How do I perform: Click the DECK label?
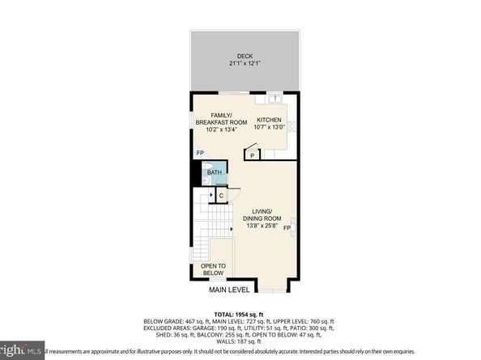[234, 56]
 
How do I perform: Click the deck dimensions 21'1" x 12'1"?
[234, 64]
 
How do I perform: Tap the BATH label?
[214, 172]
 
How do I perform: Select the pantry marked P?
[253, 154]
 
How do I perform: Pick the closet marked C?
[220, 194]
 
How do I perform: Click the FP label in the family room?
[200, 154]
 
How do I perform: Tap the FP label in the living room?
[286, 227]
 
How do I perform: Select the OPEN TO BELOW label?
[213, 269]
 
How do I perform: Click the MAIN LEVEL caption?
[228, 290]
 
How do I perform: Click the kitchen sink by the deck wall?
[275, 99]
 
